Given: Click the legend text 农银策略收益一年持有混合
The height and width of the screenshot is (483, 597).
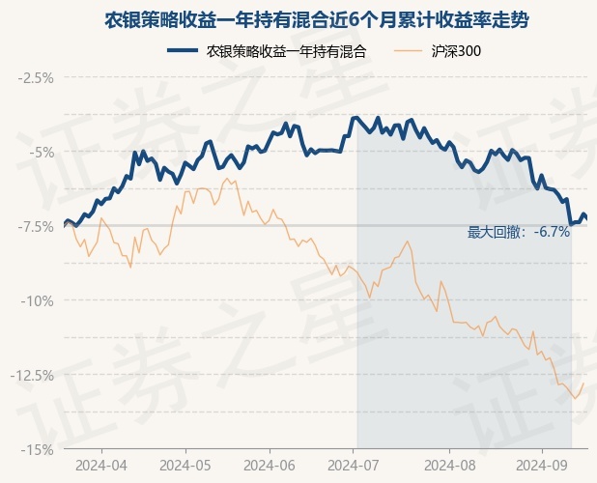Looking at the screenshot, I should coord(287,50).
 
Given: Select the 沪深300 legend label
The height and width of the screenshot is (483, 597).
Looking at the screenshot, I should coord(456,50).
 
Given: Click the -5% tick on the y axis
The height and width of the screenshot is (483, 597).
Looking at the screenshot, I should coord(41,152).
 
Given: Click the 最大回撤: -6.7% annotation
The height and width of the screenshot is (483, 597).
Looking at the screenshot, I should coord(519,232).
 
